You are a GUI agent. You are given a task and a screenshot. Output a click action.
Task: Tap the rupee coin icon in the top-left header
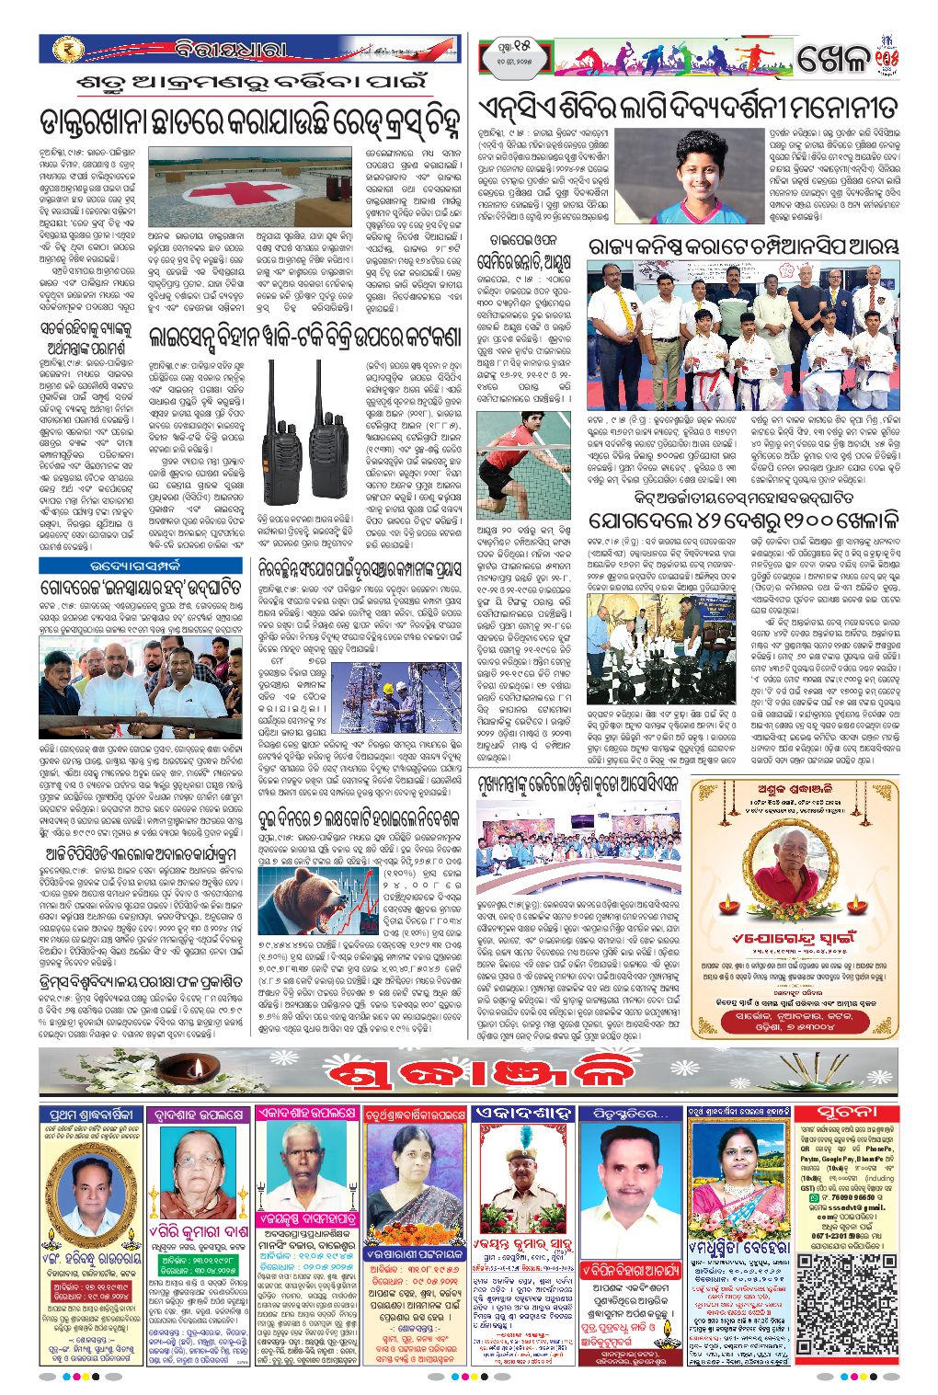click(68, 49)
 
